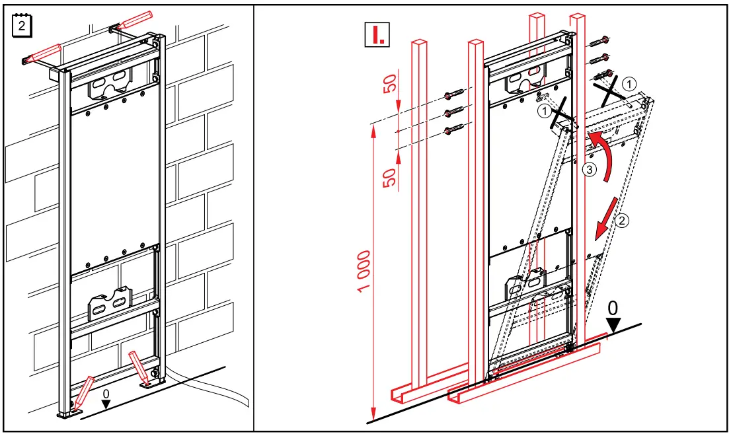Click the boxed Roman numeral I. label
tap(377, 34)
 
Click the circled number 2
tap(623, 221)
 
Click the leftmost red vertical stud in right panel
tap(419, 218)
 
